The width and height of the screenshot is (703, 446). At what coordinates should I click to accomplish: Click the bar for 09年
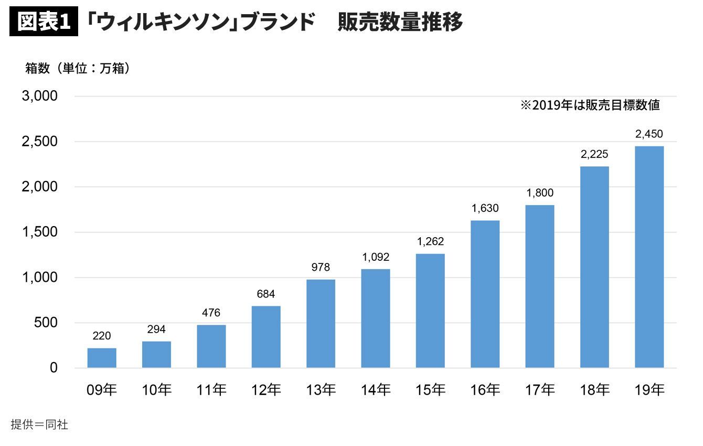pyautogui.click(x=102, y=358)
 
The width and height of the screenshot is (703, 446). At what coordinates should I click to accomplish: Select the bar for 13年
pyautogui.click(x=321, y=323)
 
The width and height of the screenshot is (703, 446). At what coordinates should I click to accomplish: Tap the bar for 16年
pyautogui.click(x=485, y=294)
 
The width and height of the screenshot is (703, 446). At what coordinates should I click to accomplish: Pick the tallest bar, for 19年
pyautogui.click(x=649, y=257)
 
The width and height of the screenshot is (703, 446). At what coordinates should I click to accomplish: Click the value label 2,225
pyautogui.click(x=594, y=155)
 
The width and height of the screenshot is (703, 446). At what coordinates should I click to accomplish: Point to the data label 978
pyautogui.click(x=321, y=268)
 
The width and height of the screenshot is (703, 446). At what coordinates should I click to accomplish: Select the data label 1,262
pyautogui.click(x=430, y=242)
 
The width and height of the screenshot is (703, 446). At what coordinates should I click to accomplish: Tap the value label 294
pyautogui.click(x=156, y=330)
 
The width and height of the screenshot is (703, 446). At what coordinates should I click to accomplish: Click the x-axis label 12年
pyautogui.click(x=266, y=390)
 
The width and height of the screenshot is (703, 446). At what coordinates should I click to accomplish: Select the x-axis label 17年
pyautogui.click(x=540, y=390)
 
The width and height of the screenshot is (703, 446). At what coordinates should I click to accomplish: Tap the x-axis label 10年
pyautogui.click(x=156, y=390)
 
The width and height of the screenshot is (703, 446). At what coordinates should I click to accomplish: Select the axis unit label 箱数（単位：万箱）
pyautogui.click(x=78, y=68)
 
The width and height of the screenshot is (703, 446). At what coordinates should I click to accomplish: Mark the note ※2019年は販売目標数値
pyautogui.click(x=590, y=105)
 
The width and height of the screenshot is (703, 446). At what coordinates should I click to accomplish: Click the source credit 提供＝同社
pyautogui.click(x=39, y=424)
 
